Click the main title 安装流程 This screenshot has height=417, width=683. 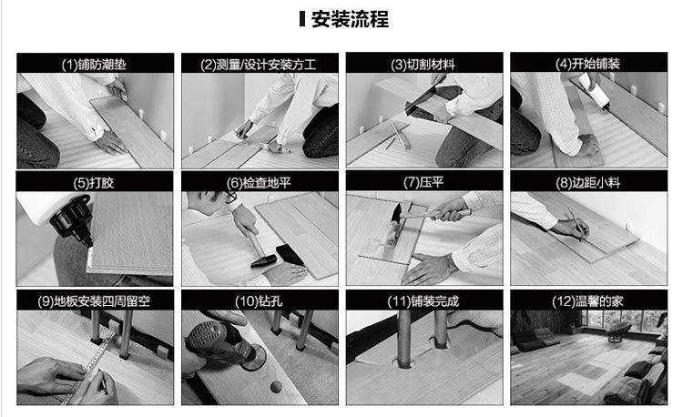(350, 19)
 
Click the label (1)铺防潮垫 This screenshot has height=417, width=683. (94, 65)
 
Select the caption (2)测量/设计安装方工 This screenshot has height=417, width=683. (259, 65)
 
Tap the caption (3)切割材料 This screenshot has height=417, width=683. (423, 65)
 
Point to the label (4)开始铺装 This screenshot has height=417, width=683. (587, 64)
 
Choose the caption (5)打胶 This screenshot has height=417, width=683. (94, 182)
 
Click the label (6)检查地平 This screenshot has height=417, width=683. (259, 183)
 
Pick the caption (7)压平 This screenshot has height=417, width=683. (423, 182)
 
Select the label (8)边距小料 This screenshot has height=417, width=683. (587, 182)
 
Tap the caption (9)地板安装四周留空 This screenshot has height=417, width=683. (94, 301)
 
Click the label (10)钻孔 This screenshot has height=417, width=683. (259, 301)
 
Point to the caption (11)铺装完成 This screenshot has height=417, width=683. (423, 301)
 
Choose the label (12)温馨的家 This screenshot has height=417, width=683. (587, 301)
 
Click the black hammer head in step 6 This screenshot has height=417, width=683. (264, 261)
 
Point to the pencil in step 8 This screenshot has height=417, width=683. (577, 225)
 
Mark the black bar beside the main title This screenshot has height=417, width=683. (302, 19)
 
